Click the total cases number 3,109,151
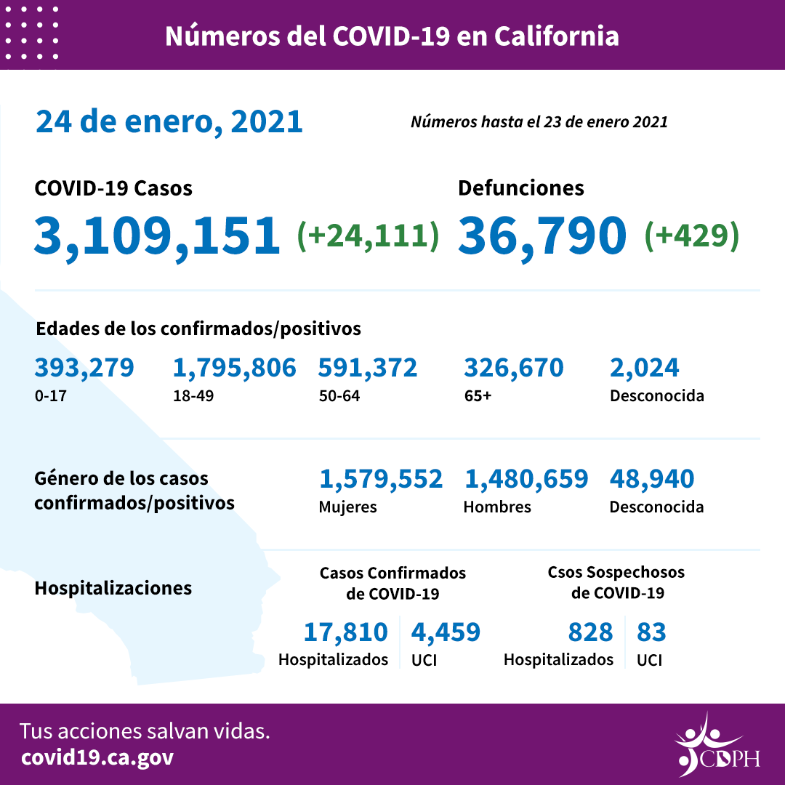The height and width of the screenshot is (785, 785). [x=157, y=235]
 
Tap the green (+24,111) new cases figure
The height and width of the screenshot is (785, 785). [x=369, y=235]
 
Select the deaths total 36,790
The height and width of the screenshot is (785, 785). [x=542, y=235]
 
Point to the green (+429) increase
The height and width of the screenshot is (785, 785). [x=692, y=235]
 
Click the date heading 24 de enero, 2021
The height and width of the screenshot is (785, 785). [x=169, y=121]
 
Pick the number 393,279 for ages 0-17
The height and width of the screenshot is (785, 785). [x=84, y=368]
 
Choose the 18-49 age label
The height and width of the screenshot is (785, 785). [x=190, y=396]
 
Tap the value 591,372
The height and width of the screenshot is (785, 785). [x=368, y=368]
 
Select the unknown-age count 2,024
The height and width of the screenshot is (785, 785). [x=645, y=368]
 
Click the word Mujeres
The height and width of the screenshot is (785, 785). [x=348, y=507]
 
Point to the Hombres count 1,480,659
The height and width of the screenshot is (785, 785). [x=526, y=479]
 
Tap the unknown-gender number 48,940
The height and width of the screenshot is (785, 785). [x=652, y=479]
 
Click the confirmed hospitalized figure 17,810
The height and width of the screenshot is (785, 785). [x=345, y=632]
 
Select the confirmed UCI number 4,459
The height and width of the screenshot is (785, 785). [x=446, y=632]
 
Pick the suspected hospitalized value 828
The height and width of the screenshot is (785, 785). [x=591, y=632]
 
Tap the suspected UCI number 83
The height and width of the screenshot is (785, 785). [x=651, y=632]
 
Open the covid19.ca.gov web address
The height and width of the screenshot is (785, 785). [x=97, y=757]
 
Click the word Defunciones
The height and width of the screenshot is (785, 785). [x=520, y=188]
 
